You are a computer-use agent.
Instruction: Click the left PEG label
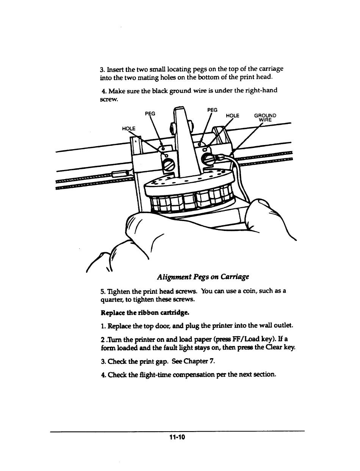[151, 113]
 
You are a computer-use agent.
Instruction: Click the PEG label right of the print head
[213, 110]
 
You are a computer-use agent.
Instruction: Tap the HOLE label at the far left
[129, 128]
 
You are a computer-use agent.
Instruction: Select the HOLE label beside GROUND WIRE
[232, 115]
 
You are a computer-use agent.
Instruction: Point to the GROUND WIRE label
[265, 118]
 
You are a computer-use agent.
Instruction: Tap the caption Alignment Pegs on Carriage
[203, 277]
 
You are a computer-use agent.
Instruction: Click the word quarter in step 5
[110, 299]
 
